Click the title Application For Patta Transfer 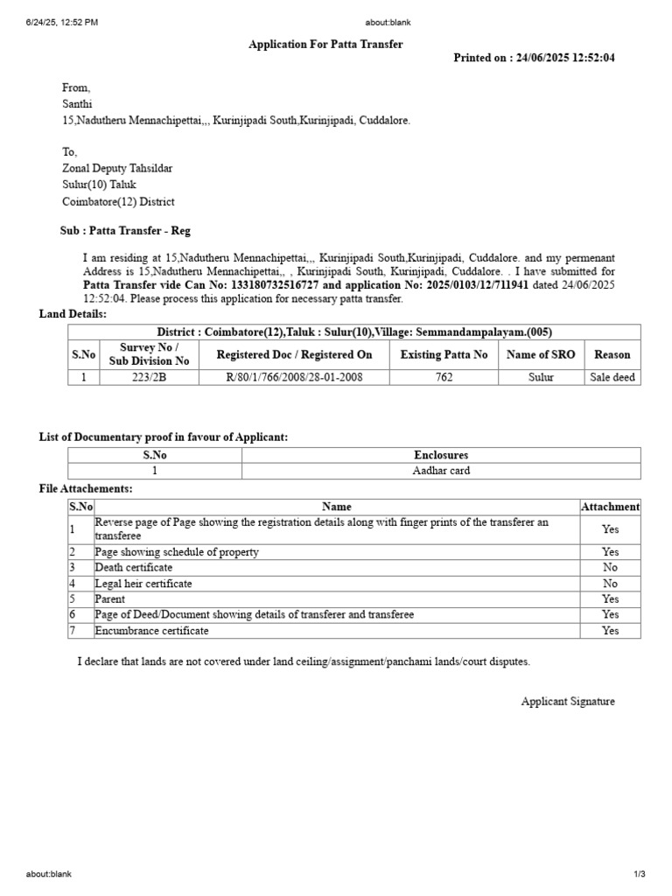pyautogui.click(x=326, y=45)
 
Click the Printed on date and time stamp pyautogui.click(x=534, y=58)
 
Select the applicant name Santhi pyautogui.click(x=77, y=104)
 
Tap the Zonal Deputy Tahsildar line pyautogui.click(x=117, y=169)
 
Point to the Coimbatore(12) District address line pyautogui.click(x=118, y=201)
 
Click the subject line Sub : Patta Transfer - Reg pyautogui.click(x=124, y=231)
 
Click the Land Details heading pyautogui.click(x=73, y=314)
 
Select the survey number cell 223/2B pyautogui.click(x=149, y=378)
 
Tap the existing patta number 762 pyautogui.click(x=444, y=378)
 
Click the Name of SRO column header pyautogui.click(x=541, y=355)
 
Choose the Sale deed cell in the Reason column pyautogui.click(x=612, y=378)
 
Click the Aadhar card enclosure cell pyautogui.click(x=441, y=471)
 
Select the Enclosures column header pyautogui.click(x=441, y=456)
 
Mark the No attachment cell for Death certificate pyautogui.click(x=610, y=568)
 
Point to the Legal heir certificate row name pyautogui.click(x=143, y=584)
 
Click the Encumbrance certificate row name pyautogui.click(x=152, y=631)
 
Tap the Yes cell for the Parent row pyautogui.click(x=610, y=599)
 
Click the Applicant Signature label pyautogui.click(x=568, y=702)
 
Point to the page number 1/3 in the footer pyautogui.click(x=640, y=874)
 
